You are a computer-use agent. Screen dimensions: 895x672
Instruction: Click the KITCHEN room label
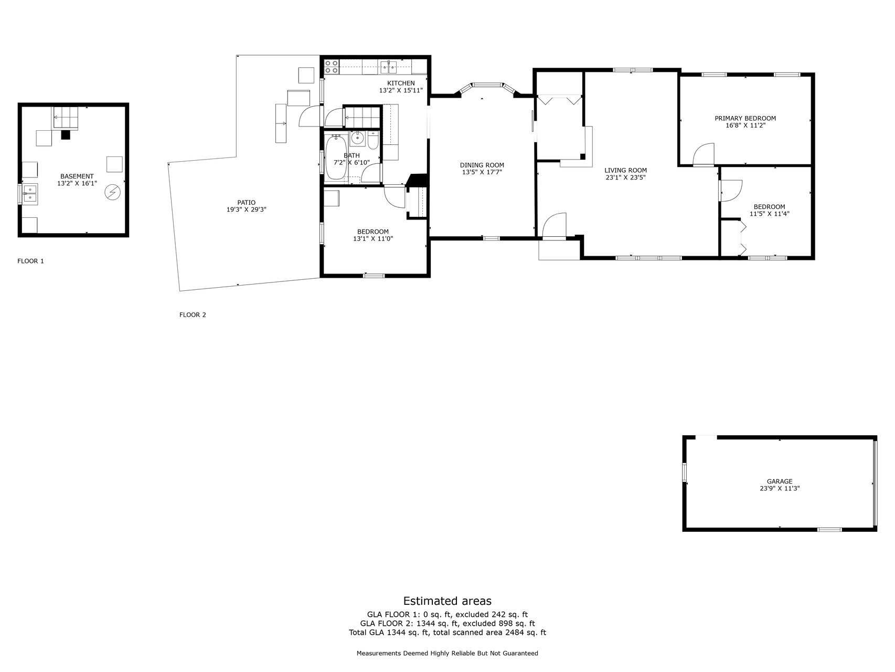click(x=401, y=83)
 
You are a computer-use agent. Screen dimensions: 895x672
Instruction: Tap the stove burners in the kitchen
click(x=332, y=67)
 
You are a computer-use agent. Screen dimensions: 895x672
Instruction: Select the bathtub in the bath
click(x=336, y=157)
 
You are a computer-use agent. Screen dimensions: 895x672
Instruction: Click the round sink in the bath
click(x=357, y=139)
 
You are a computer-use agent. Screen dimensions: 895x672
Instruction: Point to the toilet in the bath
click(x=372, y=141)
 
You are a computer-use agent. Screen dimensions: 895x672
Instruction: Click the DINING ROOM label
click(x=482, y=165)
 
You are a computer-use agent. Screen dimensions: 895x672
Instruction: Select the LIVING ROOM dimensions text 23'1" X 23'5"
click(x=625, y=177)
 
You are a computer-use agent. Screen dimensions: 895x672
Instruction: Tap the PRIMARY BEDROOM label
click(x=745, y=119)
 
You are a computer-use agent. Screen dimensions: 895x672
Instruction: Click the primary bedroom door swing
click(x=704, y=154)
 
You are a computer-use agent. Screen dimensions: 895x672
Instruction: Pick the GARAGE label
click(x=780, y=481)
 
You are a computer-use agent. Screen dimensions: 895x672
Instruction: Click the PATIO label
click(x=246, y=203)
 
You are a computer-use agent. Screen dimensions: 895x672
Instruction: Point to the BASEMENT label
click(x=77, y=177)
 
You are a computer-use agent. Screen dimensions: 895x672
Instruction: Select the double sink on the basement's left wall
click(x=29, y=193)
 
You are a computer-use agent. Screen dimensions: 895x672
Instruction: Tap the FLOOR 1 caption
click(x=31, y=261)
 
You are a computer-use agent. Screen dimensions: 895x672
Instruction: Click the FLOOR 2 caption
click(x=193, y=315)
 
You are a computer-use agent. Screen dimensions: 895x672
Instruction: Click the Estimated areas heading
click(x=447, y=601)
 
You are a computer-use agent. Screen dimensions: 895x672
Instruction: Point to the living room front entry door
click(x=555, y=226)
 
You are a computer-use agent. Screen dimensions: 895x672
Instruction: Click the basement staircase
click(x=65, y=118)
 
